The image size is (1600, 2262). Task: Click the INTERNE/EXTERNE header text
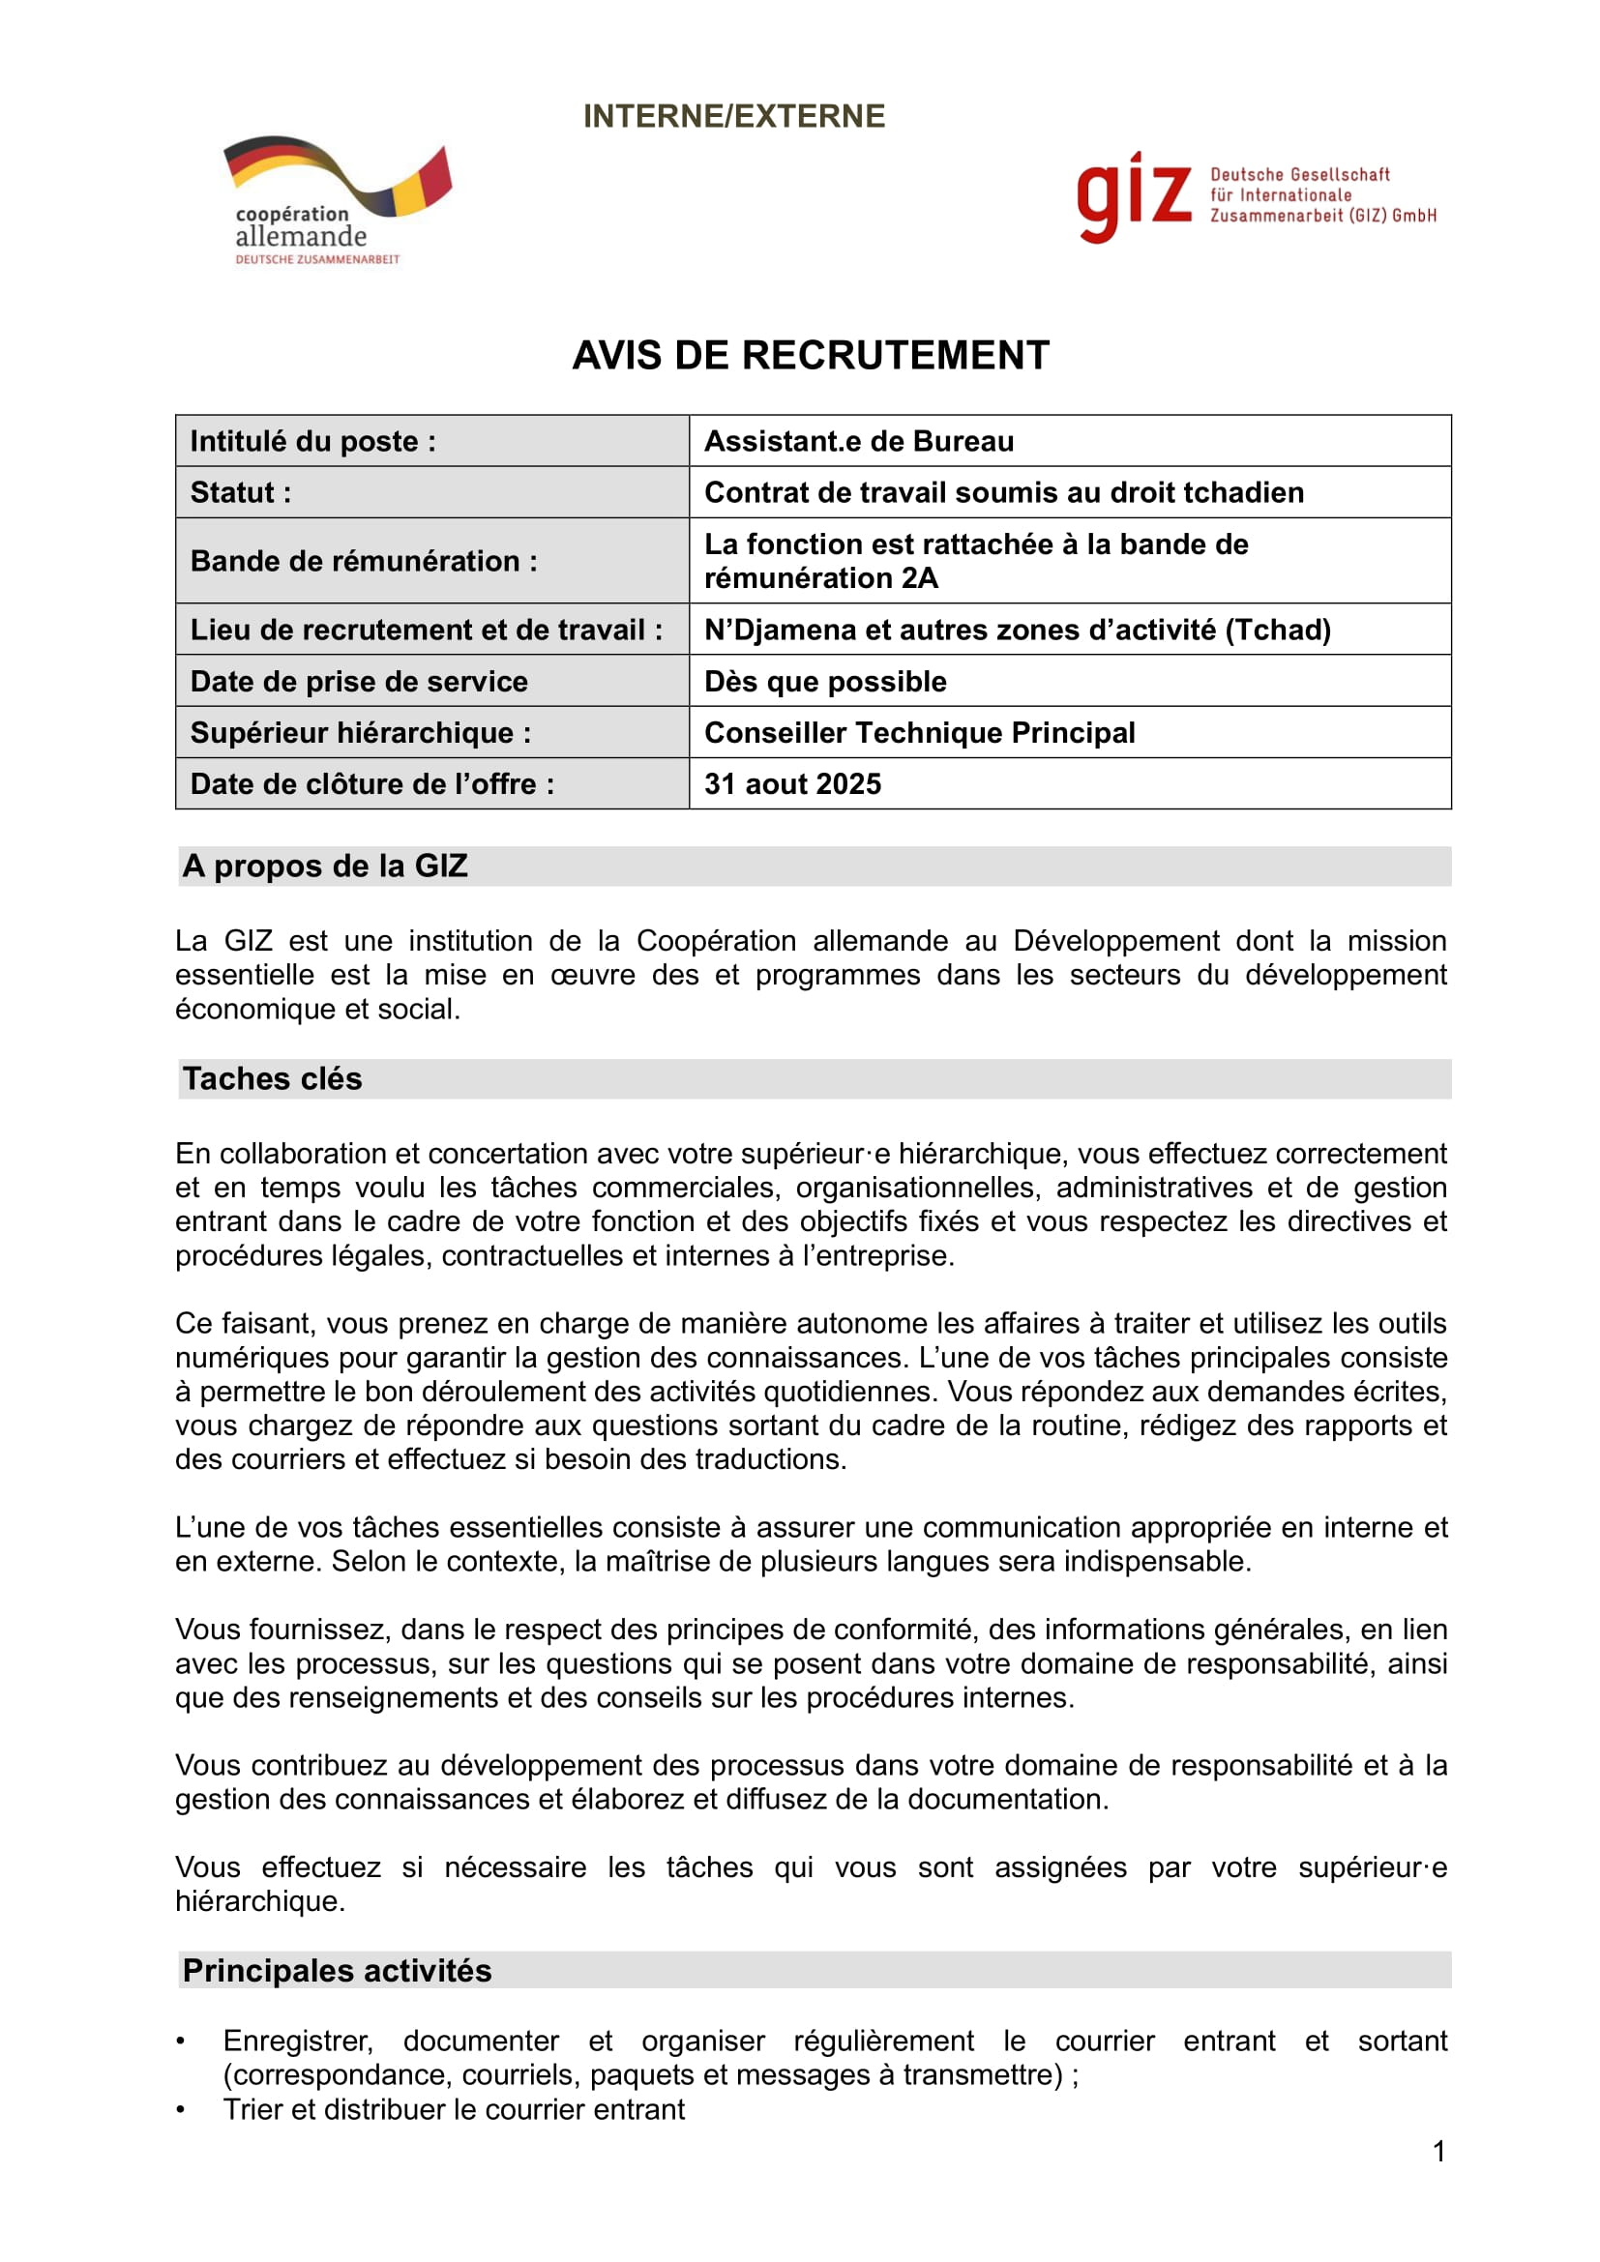pyautogui.click(x=734, y=116)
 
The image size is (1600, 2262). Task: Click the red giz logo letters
pyautogui.click(x=1133, y=196)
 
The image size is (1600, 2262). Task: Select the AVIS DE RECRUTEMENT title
pyautogui.click(x=810, y=356)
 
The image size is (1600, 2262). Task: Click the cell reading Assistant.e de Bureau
pyautogui.click(x=858, y=441)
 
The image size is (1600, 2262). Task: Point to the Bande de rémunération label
pyautogui.click(x=364, y=562)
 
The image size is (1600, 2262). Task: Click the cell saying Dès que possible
pyautogui.click(x=824, y=682)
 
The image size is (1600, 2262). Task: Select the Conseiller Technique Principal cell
pyautogui.click(x=919, y=733)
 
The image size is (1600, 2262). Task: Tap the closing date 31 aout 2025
pyautogui.click(x=792, y=784)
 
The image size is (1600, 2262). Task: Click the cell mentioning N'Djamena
pyautogui.click(x=1017, y=631)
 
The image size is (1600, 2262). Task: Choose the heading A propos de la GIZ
pyautogui.click(x=325, y=866)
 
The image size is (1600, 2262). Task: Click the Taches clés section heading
pyautogui.click(x=272, y=1080)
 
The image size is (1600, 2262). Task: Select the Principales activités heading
pyautogui.click(x=337, y=1971)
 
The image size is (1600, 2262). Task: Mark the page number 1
pyautogui.click(x=1438, y=2152)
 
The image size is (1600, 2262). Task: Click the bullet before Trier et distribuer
pyautogui.click(x=180, y=2109)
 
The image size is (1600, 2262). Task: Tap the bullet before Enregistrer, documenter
pyautogui.click(x=180, y=2042)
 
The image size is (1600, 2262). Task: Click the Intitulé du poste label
pyautogui.click(x=312, y=441)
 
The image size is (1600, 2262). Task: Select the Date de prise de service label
pyautogui.click(x=359, y=682)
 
